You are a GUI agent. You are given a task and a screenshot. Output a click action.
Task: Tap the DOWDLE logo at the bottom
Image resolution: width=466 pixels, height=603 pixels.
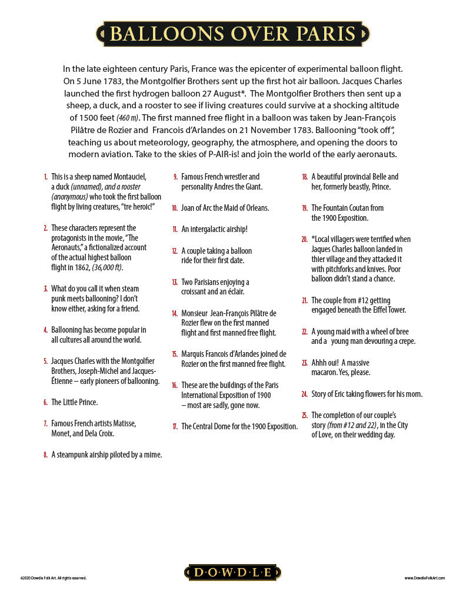pyautogui.click(x=233, y=572)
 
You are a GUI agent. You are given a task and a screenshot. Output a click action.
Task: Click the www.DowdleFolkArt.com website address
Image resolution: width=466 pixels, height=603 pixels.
pyautogui.click(x=424, y=578)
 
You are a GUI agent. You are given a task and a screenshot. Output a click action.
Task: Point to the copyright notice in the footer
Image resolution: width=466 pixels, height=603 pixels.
pyautogui.click(x=54, y=578)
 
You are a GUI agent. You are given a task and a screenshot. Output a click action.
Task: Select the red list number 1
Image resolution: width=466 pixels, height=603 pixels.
pyautogui.click(x=45, y=177)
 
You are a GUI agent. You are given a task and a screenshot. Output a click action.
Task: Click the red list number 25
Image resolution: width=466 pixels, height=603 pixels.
pyautogui.click(x=304, y=415)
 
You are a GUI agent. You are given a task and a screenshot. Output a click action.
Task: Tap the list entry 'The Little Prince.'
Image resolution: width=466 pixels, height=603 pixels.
pyautogui.click(x=74, y=402)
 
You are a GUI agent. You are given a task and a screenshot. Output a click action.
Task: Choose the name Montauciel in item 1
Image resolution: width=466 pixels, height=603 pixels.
pyautogui.click(x=127, y=177)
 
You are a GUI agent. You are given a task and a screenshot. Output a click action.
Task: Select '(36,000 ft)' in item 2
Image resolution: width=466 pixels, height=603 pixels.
pyautogui.click(x=108, y=267)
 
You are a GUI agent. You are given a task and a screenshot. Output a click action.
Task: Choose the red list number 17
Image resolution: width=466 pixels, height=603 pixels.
pyautogui.click(x=175, y=426)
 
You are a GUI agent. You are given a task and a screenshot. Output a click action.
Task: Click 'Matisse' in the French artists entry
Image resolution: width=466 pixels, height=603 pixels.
pyautogui.click(x=124, y=423)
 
